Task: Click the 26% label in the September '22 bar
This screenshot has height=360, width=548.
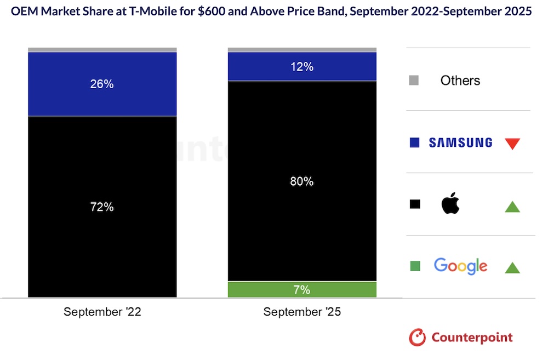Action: click(x=102, y=84)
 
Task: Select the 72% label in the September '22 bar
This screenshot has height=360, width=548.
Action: click(x=102, y=207)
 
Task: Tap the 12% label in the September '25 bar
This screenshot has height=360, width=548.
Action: click(x=302, y=67)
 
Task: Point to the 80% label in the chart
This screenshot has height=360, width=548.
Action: click(x=302, y=181)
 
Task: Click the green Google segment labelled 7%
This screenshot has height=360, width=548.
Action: click(x=302, y=290)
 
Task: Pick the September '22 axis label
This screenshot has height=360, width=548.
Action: click(x=102, y=312)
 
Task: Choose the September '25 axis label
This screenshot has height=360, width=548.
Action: click(x=302, y=312)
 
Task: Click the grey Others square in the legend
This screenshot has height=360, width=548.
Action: click(x=414, y=81)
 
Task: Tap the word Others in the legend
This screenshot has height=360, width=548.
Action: click(x=460, y=81)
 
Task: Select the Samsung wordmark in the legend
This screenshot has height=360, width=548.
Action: click(x=460, y=143)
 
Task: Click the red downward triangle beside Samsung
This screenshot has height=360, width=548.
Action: click(x=512, y=144)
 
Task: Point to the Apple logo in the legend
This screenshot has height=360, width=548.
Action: click(x=450, y=204)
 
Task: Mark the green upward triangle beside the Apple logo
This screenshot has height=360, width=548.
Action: click(x=512, y=207)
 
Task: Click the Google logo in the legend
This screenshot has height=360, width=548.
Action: click(x=460, y=266)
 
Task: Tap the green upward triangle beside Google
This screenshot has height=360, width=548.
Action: click(x=512, y=267)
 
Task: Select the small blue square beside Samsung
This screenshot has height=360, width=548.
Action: click(x=415, y=143)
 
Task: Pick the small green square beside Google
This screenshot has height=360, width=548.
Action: click(x=415, y=266)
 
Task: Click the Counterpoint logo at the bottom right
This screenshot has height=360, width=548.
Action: click(x=461, y=337)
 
